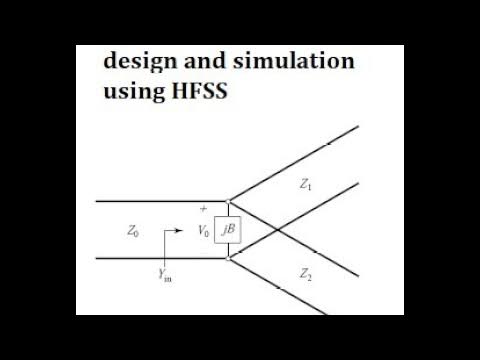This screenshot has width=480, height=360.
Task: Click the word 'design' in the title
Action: coord(138,62)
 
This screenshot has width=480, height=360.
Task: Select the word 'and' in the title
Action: coord(203,62)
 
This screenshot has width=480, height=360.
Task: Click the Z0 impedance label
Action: coord(134,231)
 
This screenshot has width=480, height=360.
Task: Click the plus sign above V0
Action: coord(204,209)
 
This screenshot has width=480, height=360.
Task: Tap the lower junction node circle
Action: coord(229,259)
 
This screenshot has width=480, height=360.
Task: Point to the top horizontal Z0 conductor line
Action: coord(150,201)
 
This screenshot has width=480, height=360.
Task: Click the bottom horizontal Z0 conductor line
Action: coord(150,259)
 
